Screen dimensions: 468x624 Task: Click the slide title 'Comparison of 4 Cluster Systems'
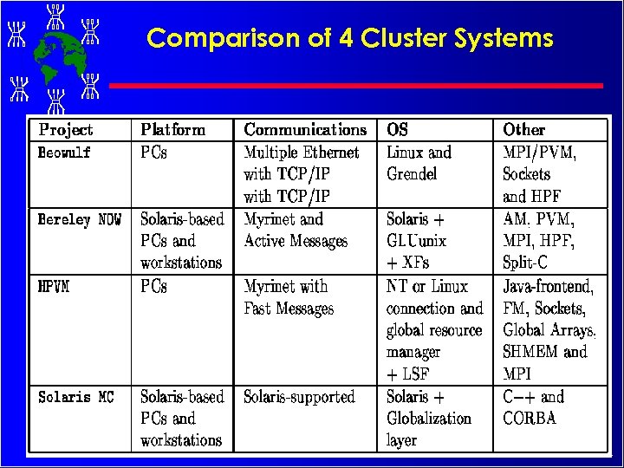click(x=349, y=38)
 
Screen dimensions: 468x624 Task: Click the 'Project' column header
click(x=66, y=130)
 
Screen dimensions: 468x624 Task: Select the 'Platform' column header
click(x=173, y=130)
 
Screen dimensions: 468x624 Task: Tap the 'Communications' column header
click(x=305, y=130)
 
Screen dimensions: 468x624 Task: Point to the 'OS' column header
click(x=397, y=130)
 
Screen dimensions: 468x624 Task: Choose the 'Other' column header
click(x=523, y=130)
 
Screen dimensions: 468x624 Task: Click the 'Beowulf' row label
click(x=64, y=153)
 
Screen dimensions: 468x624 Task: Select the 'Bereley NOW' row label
click(x=80, y=220)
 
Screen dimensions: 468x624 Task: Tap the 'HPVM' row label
click(x=54, y=287)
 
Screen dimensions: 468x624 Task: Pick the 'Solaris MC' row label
click(x=76, y=397)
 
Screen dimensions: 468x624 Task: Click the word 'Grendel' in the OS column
click(x=412, y=174)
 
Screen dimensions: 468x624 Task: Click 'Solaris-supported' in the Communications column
click(x=299, y=397)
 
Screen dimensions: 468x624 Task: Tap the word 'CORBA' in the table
click(x=530, y=419)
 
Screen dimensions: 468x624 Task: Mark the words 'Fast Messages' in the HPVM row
click(x=289, y=309)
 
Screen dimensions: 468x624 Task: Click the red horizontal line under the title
click(x=355, y=86)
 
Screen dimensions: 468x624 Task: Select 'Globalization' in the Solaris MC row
click(x=429, y=419)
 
